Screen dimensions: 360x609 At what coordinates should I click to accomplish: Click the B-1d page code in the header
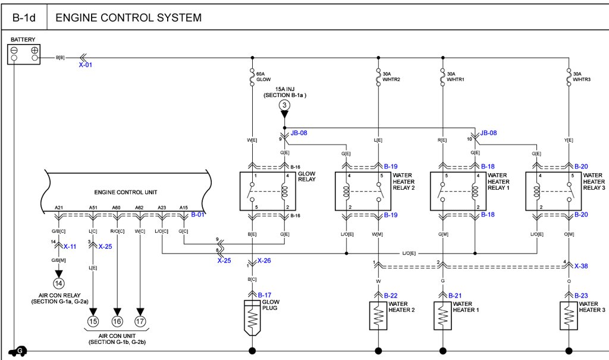[24, 18]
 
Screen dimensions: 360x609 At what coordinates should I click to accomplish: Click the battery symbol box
[24, 54]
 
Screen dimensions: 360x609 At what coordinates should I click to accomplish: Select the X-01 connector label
[86, 64]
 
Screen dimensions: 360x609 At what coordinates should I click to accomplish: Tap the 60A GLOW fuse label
[263, 76]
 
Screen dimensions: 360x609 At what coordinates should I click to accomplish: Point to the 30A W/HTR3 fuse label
[582, 76]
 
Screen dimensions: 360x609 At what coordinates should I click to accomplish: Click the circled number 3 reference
[284, 105]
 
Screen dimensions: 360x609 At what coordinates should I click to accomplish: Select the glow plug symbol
[253, 318]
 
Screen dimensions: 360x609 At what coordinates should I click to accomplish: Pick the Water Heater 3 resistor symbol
[569, 316]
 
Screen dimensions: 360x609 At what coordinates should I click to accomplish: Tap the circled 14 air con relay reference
[58, 284]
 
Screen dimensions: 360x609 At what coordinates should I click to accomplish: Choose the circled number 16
[117, 322]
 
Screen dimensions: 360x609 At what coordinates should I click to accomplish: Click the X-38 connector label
[582, 266]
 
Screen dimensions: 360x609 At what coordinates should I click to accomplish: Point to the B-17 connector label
[265, 295]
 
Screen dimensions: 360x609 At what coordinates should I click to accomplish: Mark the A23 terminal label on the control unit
[162, 208]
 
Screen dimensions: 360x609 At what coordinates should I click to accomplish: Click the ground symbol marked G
[20, 351]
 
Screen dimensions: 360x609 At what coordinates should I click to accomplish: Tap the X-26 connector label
[265, 261]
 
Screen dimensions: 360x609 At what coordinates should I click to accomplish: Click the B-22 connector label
[390, 295]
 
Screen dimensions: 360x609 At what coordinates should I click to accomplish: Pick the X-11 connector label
[70, 246]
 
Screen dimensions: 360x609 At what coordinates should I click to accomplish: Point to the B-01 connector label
[197, 214]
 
